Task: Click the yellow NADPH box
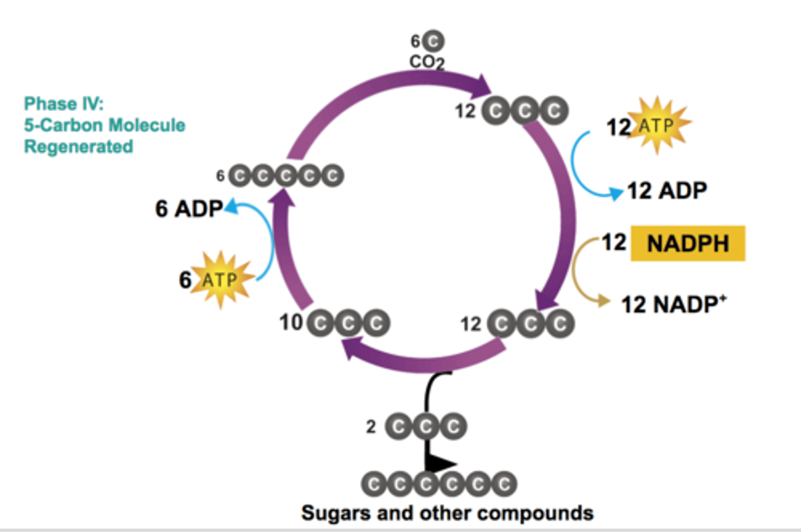pos(688,243)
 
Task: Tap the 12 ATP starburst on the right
pos(657,125)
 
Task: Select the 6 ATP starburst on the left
pos(221,279)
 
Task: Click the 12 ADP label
pos(667,191)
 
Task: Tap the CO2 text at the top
pos(427,61)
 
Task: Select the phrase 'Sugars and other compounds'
pos(447,513)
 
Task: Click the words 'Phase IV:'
pos(63,104)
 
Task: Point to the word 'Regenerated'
pos(78,147)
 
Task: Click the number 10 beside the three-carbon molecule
pos(291,322)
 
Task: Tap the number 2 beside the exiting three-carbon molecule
pos(371,427)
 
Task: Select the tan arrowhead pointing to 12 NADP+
pos(604,301)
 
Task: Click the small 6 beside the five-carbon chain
pos(220,176)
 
